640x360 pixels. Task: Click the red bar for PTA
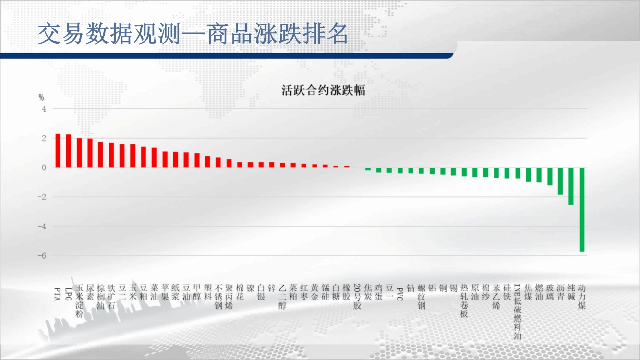[58, 151]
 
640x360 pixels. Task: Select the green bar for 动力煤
[582, 209]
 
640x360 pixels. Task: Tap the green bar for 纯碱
[571, 186]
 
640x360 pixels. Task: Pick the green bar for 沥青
[560, 181]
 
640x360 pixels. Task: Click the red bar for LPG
[68, 151]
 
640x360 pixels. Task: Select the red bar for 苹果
[165, 159]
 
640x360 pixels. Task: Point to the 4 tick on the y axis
[44, 109]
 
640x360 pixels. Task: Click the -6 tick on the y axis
[42, 256]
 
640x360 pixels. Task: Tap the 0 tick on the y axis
[44, 168]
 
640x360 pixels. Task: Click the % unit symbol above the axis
[41, 98]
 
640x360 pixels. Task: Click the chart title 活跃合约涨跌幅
[323, 90]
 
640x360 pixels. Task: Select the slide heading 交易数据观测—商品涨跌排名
[193, 34]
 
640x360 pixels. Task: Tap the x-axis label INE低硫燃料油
[518, 312]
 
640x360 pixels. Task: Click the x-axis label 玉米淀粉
[79, 301]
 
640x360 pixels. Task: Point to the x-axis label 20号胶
[357, 297]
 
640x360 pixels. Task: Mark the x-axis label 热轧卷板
[464, 301]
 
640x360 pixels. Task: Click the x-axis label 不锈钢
[218, 297]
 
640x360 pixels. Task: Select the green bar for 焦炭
[368, 169]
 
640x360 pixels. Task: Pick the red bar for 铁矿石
[111, 155]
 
